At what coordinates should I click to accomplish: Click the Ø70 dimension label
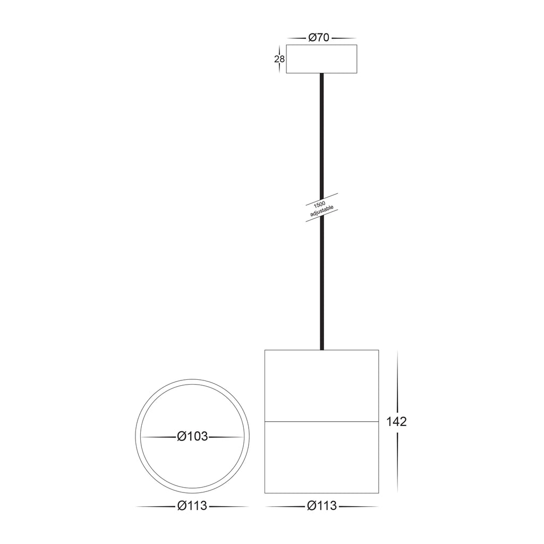(x=319, y=38)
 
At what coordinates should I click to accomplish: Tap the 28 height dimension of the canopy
(x=279, y=59)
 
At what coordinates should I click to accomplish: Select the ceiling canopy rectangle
(x=321, y=59)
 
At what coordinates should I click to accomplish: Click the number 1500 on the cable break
(x=319, y=204)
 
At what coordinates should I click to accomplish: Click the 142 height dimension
(x=396, y=422)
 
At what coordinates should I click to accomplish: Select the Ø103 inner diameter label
(x=192, y=437)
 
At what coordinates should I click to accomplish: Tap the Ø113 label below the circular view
(x=192, y=506)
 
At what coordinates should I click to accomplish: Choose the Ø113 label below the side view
(x=321, y=506)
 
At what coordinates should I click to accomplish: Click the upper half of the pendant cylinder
(x=321, y=386)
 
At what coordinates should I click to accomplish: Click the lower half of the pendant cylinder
(x=321, y=457)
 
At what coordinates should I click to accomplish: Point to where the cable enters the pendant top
(x=321, y=348)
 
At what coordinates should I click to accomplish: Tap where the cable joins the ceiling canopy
(x=321, y=74)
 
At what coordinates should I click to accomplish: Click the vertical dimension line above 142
(x=397, y=382)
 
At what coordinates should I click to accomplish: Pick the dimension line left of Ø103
(x=158, y=437)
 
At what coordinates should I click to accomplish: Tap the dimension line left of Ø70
(x=296, y=38)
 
